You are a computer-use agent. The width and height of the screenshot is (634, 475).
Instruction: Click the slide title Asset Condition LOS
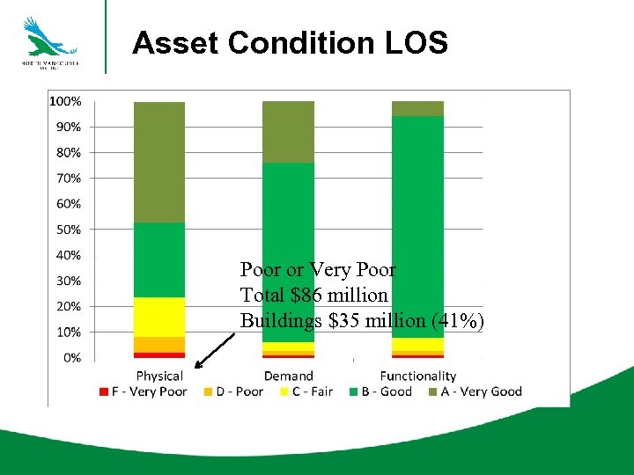(290, 42)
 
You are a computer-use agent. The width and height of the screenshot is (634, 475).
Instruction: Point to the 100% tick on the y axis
(65, 101)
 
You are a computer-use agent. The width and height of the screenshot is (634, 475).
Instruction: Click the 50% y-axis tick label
(69, 230)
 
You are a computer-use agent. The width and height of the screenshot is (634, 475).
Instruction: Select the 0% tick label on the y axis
(72, 358)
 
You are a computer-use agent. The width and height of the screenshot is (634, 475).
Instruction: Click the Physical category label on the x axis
(159, 376)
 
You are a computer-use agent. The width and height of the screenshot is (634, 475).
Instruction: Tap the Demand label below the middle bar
(288, 376)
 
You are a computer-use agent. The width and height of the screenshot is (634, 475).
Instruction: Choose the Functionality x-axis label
(417, 376)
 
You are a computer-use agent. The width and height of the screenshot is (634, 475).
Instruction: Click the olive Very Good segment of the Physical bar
(159, 162)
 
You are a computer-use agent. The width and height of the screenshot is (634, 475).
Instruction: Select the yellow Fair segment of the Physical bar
(159, 317)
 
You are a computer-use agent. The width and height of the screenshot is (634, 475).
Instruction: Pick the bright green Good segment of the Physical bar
(159, 259)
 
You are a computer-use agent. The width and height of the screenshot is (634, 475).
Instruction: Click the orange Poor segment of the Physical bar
(159, 344)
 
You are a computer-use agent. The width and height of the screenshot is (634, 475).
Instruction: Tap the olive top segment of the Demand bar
(288, 132)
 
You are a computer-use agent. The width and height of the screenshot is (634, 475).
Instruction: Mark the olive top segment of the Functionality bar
(417, 108)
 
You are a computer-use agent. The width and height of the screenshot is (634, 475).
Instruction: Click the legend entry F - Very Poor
(143, 391)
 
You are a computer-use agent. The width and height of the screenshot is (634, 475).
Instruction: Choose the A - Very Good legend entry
(475, 391)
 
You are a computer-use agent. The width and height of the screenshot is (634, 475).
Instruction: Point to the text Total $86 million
(314, 296)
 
